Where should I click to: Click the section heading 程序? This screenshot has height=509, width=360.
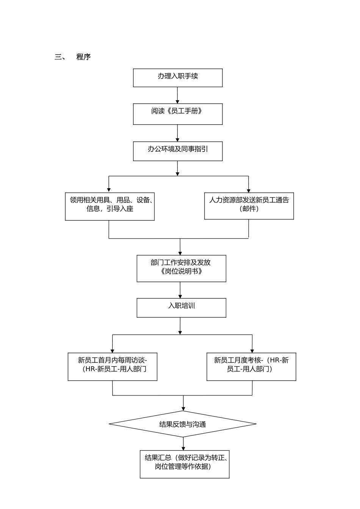point(83,57)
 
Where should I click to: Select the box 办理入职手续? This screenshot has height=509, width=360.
point(178,78)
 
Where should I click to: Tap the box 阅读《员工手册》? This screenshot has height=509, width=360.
point(178,114)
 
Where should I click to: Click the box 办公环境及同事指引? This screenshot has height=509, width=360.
point(178,151)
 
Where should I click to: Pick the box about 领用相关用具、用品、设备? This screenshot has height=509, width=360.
point(110,207)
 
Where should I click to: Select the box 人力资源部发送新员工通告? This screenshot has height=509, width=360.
point(249,206)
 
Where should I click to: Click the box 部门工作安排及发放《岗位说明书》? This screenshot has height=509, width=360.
point(181,269)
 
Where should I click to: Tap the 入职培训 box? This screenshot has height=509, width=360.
point(181,308)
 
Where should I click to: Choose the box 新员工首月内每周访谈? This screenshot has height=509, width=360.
point(113,367)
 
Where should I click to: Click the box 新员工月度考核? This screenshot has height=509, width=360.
point(251,367)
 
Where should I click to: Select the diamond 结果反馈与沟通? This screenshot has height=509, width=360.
point(183,424)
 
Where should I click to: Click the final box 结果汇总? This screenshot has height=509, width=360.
point(185,464)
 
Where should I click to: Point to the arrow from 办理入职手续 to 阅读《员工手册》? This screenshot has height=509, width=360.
point(177,95)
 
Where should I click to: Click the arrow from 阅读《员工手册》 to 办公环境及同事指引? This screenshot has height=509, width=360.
point(177,133)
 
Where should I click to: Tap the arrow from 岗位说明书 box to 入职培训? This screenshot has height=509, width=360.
point(180,290)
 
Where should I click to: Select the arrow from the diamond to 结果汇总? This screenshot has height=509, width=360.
point(183,443)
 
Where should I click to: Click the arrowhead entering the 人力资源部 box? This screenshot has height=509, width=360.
point(249,190)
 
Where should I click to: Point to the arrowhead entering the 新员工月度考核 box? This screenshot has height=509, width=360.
point(252,350)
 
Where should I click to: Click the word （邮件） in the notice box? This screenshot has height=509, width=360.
point(249,209)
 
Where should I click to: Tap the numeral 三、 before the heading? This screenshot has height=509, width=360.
point(60,57)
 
